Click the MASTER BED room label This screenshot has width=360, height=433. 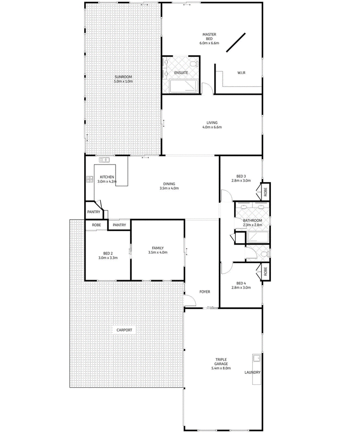[209, 36]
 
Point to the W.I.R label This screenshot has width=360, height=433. [241, 73]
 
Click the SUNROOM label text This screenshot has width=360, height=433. [123, 77]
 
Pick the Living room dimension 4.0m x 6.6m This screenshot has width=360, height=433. [212, 127]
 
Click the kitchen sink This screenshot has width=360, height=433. [104, 160]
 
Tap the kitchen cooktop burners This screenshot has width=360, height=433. [90, 179]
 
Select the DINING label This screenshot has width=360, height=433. [169, 184]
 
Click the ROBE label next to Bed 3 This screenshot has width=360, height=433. [265, 192]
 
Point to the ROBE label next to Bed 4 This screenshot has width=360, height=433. [265, 271]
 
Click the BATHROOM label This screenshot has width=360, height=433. [252, 220]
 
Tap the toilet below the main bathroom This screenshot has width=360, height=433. [266, 254]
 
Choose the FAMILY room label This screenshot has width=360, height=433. [158, 248]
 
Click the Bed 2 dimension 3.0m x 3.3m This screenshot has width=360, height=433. [108, 258]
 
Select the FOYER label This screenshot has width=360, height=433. [205, 292]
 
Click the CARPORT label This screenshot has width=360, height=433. [124, 330]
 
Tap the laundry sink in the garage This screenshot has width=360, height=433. [256, 358]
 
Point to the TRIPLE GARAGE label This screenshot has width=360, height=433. [221, 362]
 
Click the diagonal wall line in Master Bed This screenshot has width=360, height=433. [236, 43]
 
